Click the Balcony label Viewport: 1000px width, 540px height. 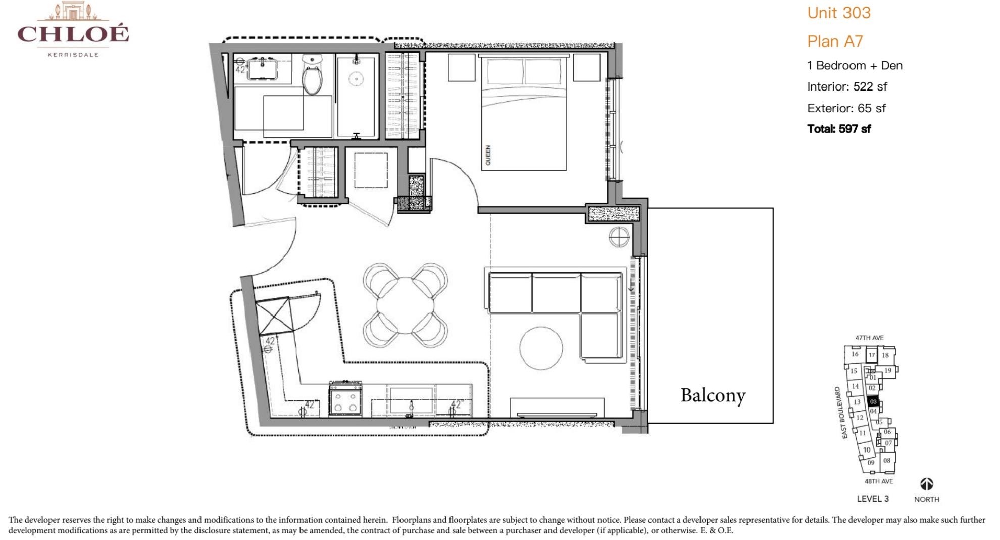coord(713,395)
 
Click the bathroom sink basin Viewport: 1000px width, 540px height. coord(263,70)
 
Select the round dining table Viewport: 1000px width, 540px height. coord(405,305)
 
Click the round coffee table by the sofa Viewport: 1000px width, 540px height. coord(541,348)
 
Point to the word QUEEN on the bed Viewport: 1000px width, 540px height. coord(488,155)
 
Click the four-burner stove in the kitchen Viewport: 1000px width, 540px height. coord(345,399)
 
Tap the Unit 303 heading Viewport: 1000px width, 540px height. coord(838,13)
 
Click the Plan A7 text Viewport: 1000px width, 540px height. coord(835,41)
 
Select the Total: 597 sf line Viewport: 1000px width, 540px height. coord(838,129)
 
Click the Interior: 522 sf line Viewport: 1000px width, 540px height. coord(846,86)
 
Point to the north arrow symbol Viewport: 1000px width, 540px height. coord(926,484)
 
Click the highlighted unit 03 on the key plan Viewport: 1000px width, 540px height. coord(873,402)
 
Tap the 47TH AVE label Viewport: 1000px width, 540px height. coord(869,338)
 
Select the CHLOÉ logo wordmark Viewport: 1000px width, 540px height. coord(73,34)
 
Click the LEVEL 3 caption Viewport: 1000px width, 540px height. coord(872,499)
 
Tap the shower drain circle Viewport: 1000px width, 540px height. coord(357,79)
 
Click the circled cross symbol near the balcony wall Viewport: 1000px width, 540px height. coord(619,237)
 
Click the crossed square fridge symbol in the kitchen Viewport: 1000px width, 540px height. coord(274,316)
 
